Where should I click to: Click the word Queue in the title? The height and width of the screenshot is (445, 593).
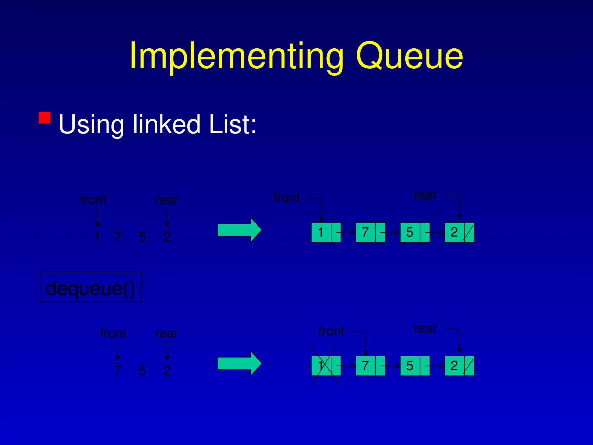point(409,56)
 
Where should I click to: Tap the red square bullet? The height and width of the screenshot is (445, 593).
point(45,118)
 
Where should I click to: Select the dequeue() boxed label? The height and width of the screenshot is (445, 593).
point(91,287)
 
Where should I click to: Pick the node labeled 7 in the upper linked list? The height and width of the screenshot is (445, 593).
point(370,232)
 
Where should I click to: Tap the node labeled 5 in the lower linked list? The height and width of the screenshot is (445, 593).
point(415,366)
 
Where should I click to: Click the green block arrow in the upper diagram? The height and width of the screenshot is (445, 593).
point(239,230)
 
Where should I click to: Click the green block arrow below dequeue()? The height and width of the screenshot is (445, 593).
point(239,363)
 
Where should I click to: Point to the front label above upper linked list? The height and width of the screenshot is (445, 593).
point(287,198)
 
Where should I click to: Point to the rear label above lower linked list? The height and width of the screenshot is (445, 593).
point(425,329)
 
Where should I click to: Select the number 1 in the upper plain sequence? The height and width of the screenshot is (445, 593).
point(97,237)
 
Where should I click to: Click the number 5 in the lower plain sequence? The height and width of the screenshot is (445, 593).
point(142,371)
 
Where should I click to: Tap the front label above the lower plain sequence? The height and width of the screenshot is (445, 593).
point(113,333)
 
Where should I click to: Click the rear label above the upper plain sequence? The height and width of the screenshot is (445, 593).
point(166,200)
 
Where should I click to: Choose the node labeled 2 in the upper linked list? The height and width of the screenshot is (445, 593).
point(459,232)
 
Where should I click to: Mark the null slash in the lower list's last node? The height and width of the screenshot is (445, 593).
point(468,366)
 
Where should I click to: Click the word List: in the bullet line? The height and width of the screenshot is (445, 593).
point(233,124)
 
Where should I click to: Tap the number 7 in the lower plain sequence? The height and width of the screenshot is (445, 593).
point(117,371)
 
